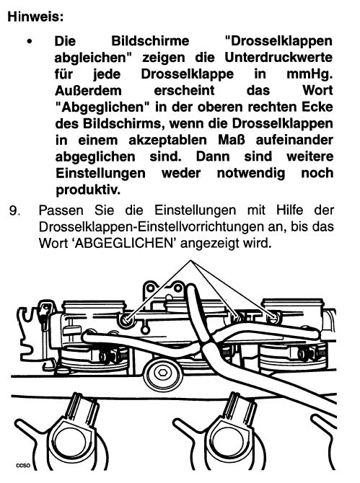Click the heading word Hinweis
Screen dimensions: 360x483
pos(35,17)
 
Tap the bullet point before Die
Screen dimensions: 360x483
pos(30,41)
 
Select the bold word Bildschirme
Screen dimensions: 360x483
pos(150,41)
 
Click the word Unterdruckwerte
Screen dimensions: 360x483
pos(278,58)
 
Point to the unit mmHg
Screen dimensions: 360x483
pos(309,75)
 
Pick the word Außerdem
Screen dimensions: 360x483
pos(88,91)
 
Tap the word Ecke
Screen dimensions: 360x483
pos(317,107)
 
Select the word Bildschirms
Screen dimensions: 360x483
pos(121,123)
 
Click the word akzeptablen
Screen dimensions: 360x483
pos(167,141)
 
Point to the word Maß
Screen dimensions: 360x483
pos(232,140)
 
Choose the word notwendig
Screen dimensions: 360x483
pos(251,174)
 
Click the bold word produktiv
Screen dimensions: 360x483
pos(88,190)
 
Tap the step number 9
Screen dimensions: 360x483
pos(15,211)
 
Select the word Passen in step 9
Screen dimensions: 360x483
pos(61,211)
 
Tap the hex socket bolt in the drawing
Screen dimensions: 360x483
pos(162,373)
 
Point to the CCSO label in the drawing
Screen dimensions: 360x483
pos(23,466)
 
